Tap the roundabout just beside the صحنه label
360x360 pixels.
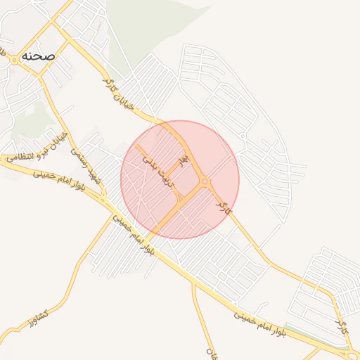tap(14, 60)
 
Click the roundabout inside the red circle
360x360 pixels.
tap(205, 182)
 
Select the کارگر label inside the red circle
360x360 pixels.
tap(223, 205)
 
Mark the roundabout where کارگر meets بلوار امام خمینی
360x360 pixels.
tap(349, 345)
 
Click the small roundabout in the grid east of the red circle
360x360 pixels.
tap(243, 135)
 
